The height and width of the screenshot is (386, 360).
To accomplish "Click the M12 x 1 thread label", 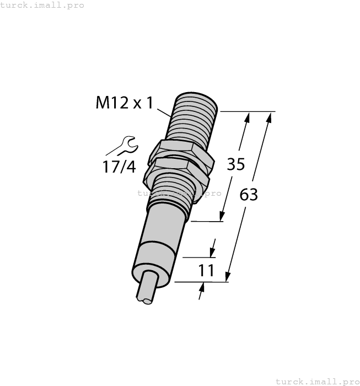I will point(123,103).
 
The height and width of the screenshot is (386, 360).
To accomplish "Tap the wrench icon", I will point(122,146).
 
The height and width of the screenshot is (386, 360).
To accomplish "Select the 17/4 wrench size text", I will point(119,166).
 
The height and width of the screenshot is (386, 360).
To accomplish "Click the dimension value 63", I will point(249,194).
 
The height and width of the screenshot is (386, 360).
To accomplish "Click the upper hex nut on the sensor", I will point(182,152).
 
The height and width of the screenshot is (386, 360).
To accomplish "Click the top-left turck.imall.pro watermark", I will point(42,5).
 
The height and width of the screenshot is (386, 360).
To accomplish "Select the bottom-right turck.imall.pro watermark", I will point(317,381).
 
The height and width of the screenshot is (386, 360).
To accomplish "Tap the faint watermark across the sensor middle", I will point(179,193).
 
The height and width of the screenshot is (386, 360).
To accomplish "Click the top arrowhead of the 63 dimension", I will point(271,116).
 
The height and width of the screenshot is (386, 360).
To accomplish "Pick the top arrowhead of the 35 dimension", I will point(248,116).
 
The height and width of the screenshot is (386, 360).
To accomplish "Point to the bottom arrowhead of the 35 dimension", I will point(223,217).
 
